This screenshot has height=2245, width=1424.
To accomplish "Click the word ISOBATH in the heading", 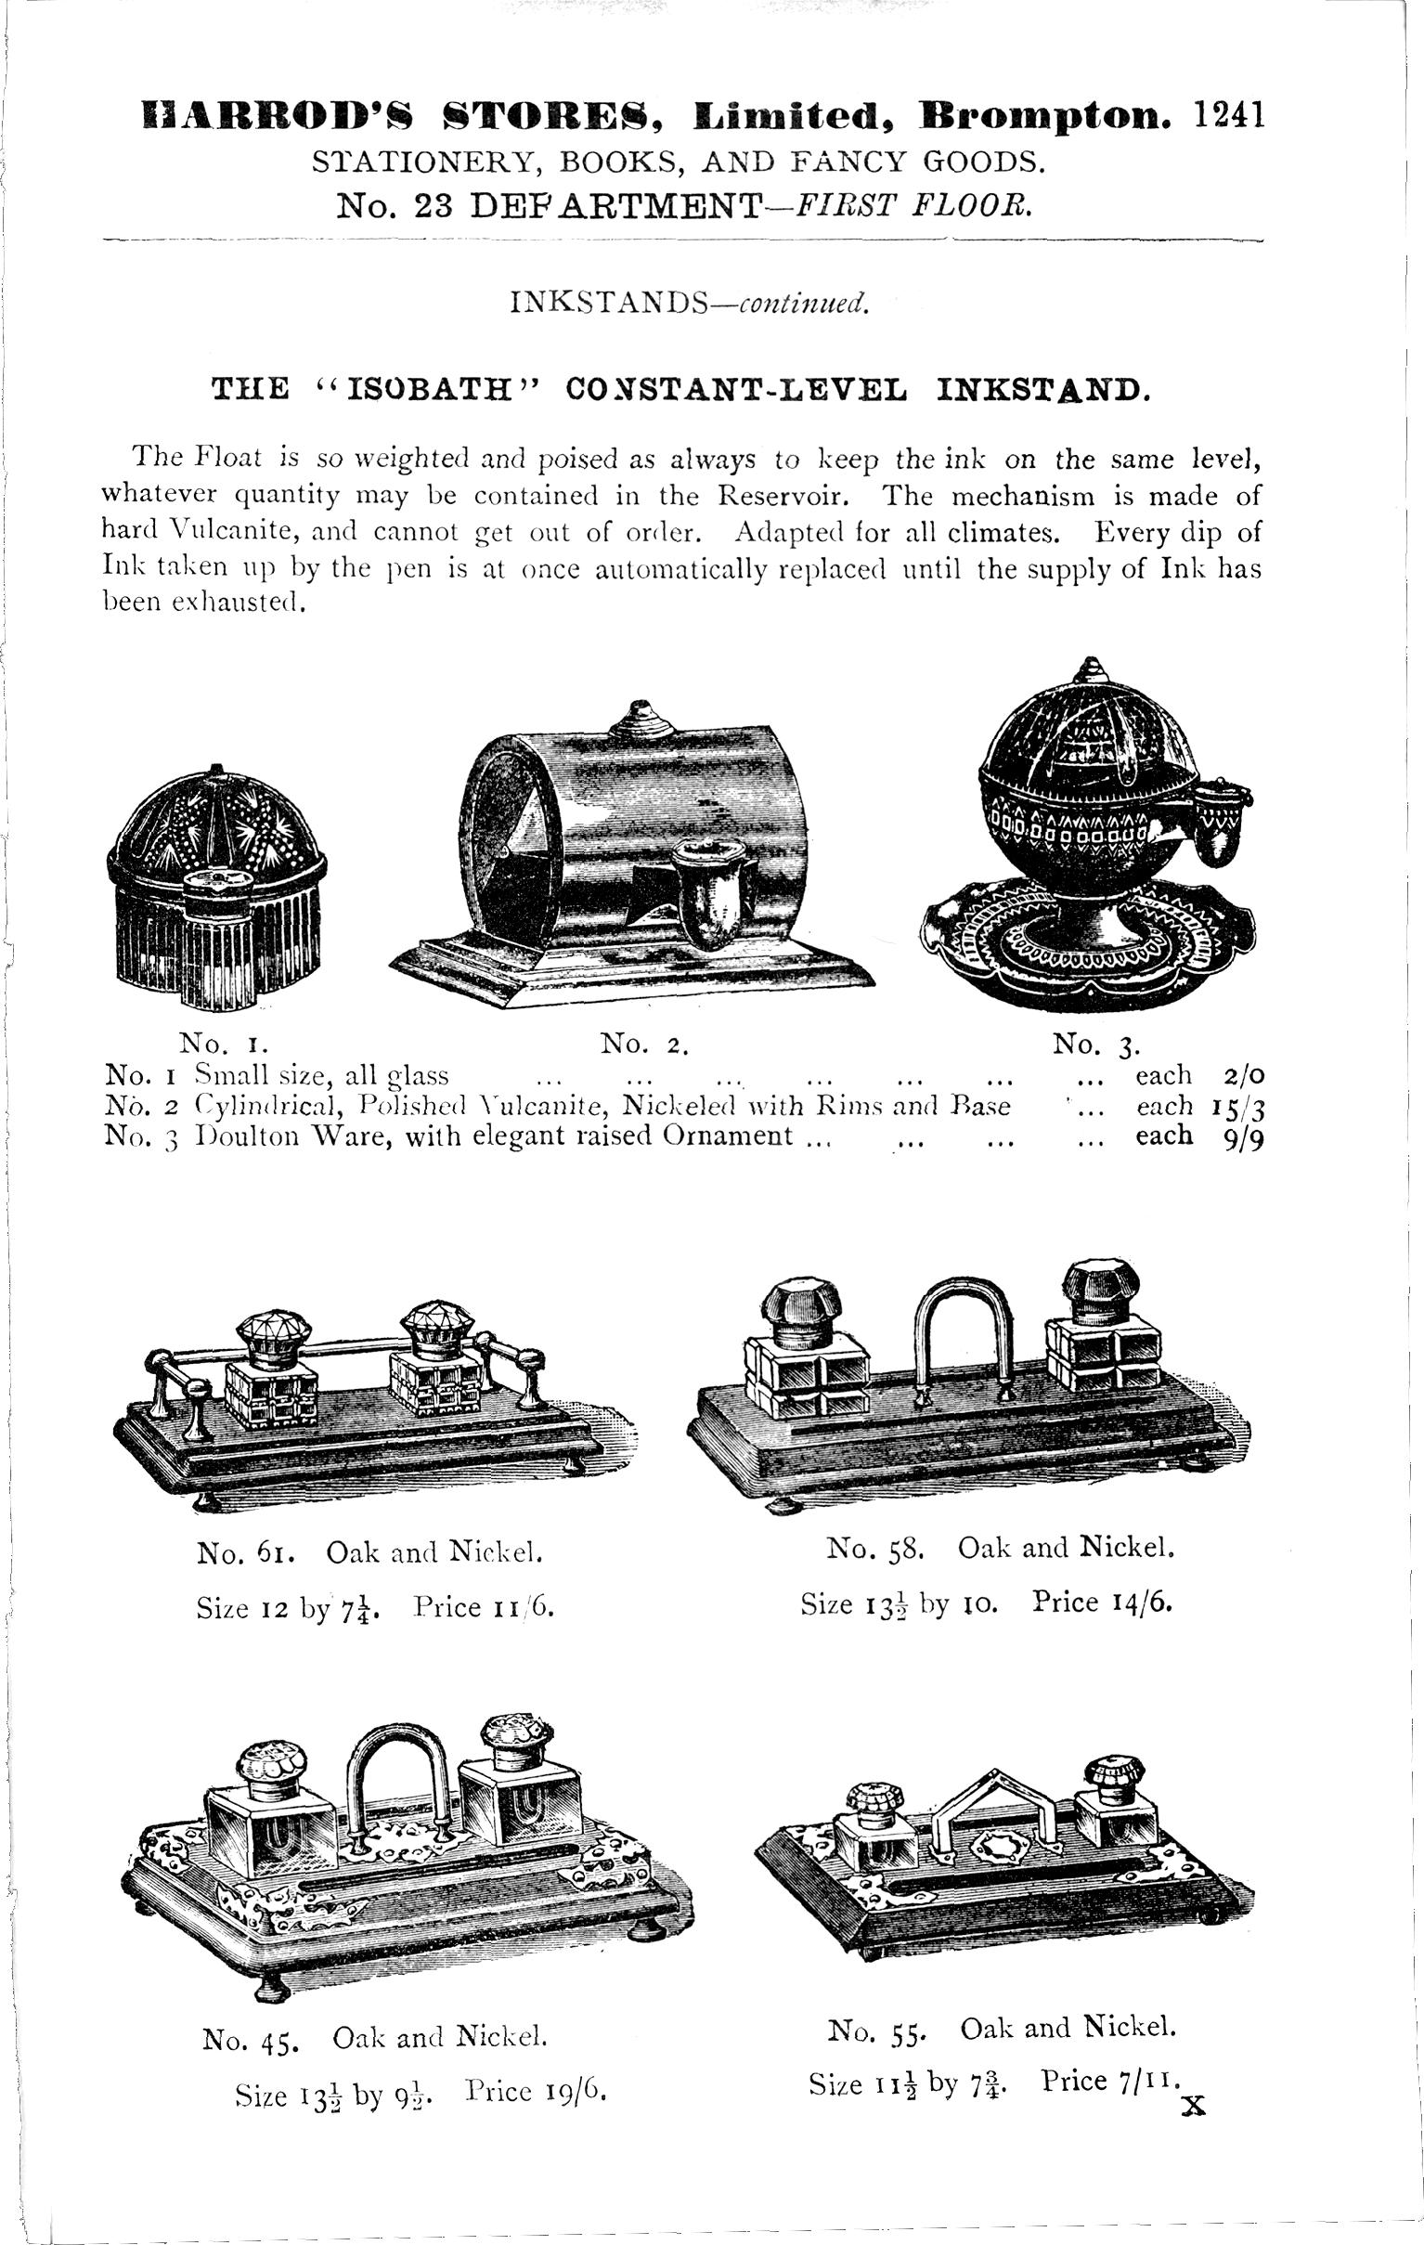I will (429, 389).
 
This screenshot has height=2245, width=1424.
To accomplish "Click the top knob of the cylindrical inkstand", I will (640, 717).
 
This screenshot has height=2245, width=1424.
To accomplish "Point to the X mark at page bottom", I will (1193, 2108).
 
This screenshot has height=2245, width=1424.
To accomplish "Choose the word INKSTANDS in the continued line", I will (612, 303).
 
